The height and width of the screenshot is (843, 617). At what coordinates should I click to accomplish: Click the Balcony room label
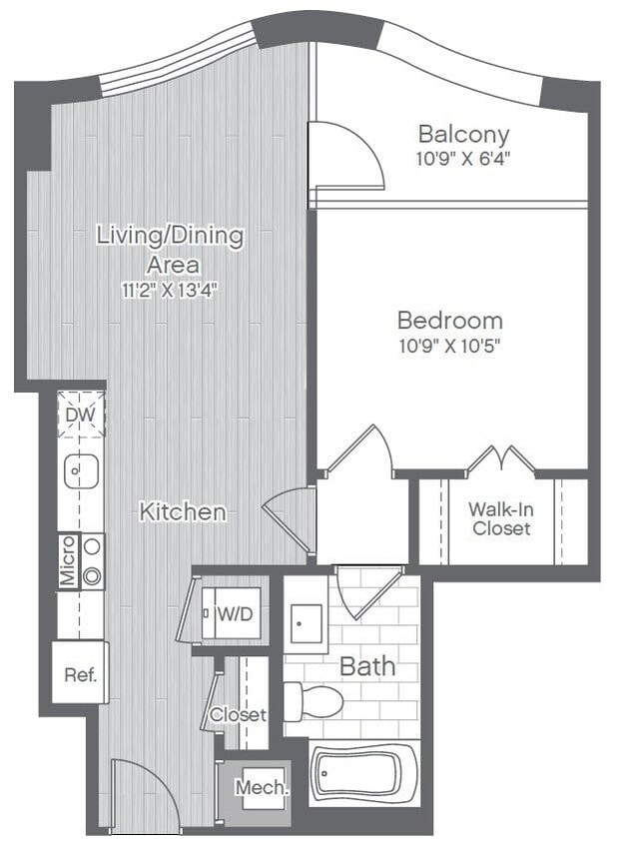[x=463, y=134]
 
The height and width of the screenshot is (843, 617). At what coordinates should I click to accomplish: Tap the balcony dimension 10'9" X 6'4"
[x=463, y=158]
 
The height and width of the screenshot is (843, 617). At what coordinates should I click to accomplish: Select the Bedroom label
[x=449, y=321]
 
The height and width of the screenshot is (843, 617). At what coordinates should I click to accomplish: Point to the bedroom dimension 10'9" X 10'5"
[x=449, y=347]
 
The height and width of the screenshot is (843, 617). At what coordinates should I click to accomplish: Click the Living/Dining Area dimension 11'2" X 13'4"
[x=169, y=291]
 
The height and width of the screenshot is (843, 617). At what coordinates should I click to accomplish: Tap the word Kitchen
[x=182, y=511]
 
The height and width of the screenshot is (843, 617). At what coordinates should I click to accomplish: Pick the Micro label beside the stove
[x=67, y=561]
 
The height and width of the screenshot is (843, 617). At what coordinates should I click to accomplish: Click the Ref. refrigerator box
[x=80, y=674]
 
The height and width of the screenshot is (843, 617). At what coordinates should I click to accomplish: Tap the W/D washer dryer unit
[x=235, y=613]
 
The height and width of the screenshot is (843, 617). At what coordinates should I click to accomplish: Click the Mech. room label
[x=262, y=787]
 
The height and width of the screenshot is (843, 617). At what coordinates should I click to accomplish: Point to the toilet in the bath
[x=312, y=701]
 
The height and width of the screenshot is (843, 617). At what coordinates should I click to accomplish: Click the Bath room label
[x=367, y=666]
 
